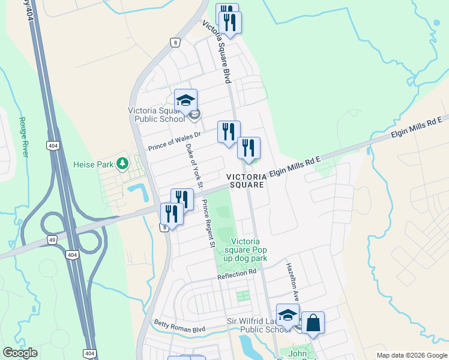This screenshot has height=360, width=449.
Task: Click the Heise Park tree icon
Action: (122, 163)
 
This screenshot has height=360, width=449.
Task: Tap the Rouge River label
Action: (24, 137)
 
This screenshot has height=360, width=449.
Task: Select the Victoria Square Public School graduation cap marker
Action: (185, 100)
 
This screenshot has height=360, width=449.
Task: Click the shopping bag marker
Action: (313, 323)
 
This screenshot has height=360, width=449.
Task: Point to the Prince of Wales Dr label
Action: (173, 142)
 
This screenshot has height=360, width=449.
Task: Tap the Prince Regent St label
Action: (208, 223)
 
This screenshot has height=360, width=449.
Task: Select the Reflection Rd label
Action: (237, 274)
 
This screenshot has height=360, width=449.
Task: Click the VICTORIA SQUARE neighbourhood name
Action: (246, 181)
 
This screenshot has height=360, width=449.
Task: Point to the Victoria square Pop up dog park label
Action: (246, 249)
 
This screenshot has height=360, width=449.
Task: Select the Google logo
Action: (20, 353)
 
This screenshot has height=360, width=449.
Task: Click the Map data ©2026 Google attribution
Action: (411, 355)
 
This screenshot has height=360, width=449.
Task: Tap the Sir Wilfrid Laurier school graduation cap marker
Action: (288, 314)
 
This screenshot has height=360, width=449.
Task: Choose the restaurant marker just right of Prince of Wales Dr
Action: (229, 131)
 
